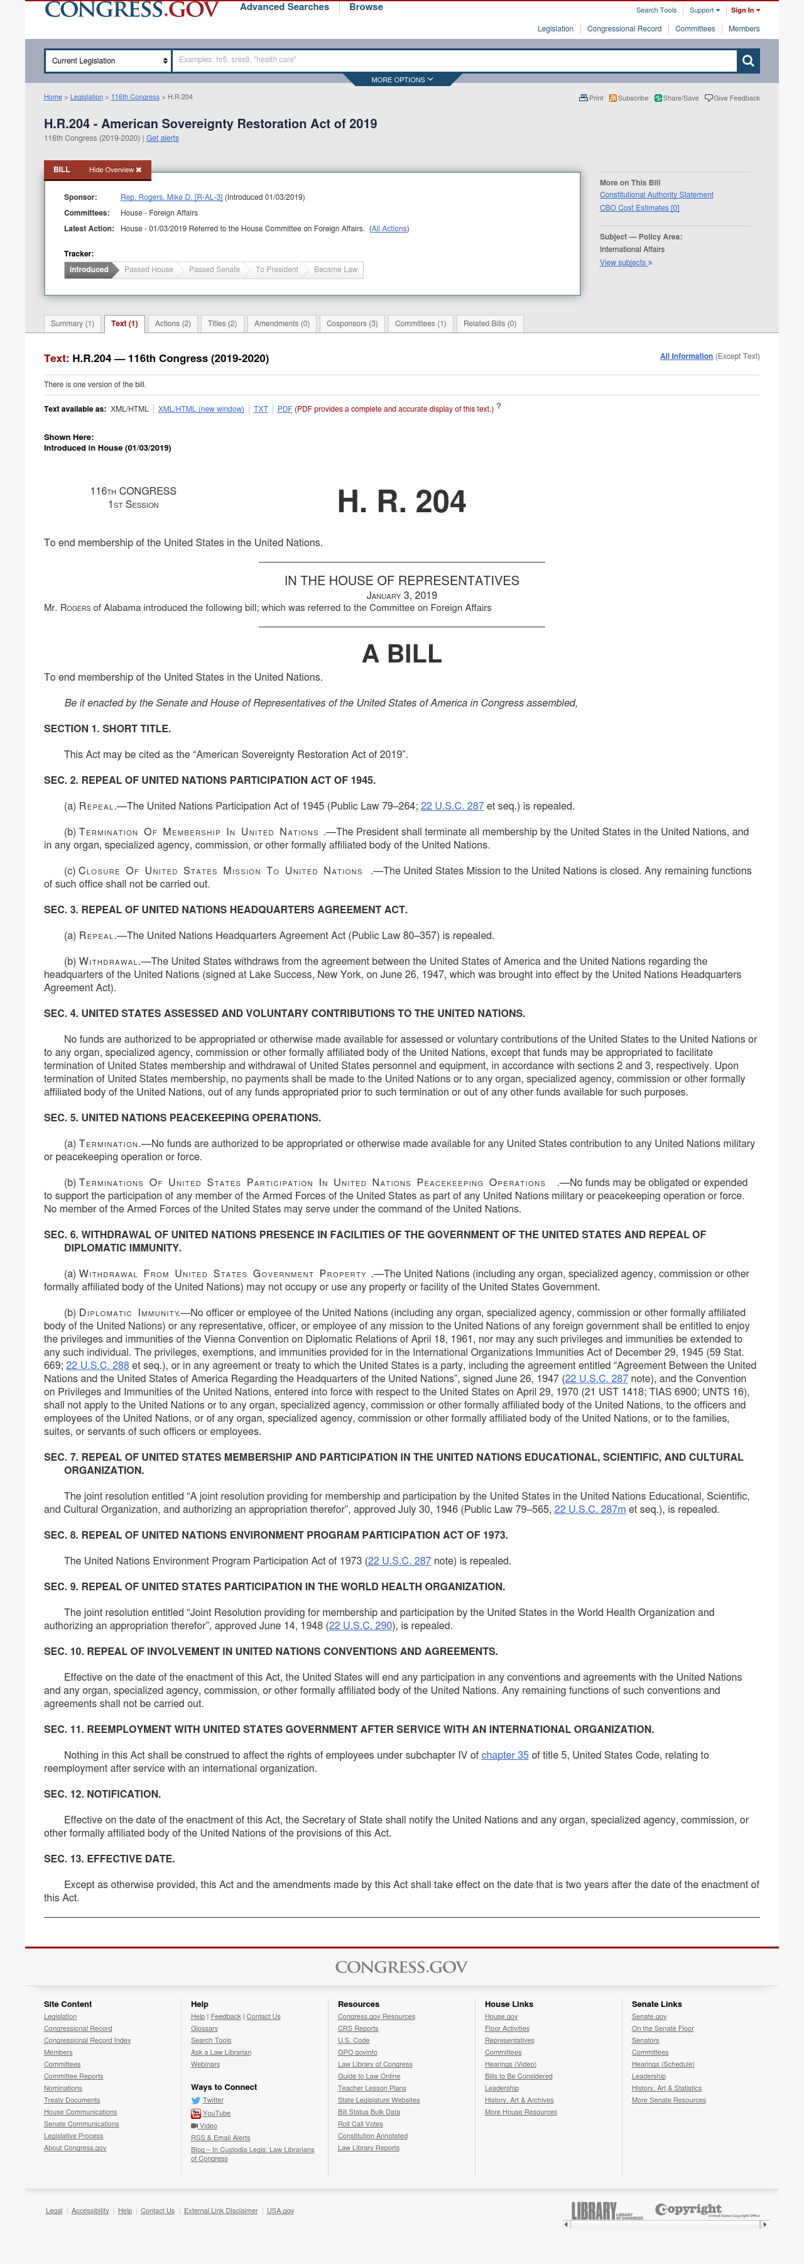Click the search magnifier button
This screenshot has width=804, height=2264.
click(x=747, y=60)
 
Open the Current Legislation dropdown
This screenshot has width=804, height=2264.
click(x=108, y=60)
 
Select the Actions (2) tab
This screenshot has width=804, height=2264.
click(x=172, y=324)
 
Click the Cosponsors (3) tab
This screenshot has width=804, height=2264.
click(x=352, y=324)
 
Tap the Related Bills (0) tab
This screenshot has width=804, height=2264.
click(x=489, y=324)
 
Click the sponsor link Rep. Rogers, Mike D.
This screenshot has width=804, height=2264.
click(x=170, y=197)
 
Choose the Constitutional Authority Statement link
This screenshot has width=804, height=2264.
click(x=656, y=195)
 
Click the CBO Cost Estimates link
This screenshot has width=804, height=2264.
click(x=639, y=208)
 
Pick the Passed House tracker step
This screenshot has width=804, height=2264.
click(x=148, y=270)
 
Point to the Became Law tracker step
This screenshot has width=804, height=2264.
click(x=335, y=270)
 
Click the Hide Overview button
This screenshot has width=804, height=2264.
click(x=114, y=170)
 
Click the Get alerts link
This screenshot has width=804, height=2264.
click(x=163, y=138)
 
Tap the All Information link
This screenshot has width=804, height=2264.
click(x=685, y=356)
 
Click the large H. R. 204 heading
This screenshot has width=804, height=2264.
click(x=401, y=502)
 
